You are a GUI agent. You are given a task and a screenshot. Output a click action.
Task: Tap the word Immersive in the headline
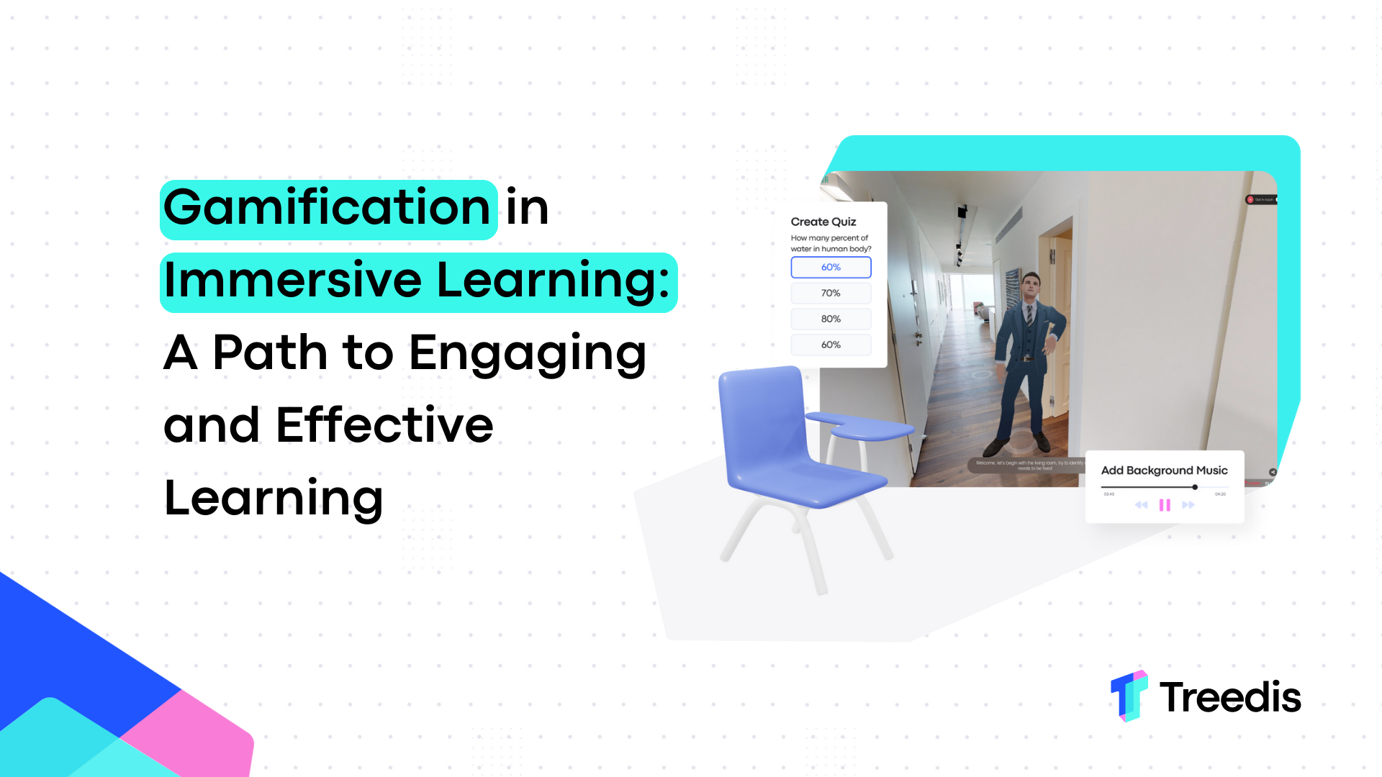coord(292,281)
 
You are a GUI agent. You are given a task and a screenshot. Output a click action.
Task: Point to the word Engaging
coord(527,354)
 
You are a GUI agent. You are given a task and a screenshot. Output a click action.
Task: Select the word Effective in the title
coord(384,426)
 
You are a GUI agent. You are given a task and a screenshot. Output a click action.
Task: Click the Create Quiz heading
coord(823,222)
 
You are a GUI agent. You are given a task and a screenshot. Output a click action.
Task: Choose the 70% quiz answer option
coord(831,293)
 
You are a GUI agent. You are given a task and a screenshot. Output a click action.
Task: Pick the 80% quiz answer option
coord(831,319)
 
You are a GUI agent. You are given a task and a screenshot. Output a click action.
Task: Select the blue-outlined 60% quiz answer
coord(831,267)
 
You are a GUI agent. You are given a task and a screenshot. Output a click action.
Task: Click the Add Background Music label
coord(1164,471)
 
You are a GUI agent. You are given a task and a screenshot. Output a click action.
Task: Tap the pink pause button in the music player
coord(1165,505)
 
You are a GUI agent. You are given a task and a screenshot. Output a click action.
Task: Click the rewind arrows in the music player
coord(1141,505)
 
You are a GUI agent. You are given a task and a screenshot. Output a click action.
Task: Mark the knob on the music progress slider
coord(1195,487)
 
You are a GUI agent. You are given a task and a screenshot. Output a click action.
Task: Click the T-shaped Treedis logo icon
coord(1128,696)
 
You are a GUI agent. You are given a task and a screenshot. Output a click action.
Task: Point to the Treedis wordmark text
coord(1230,697)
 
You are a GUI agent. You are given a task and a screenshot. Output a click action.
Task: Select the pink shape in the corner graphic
coord(194,734)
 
